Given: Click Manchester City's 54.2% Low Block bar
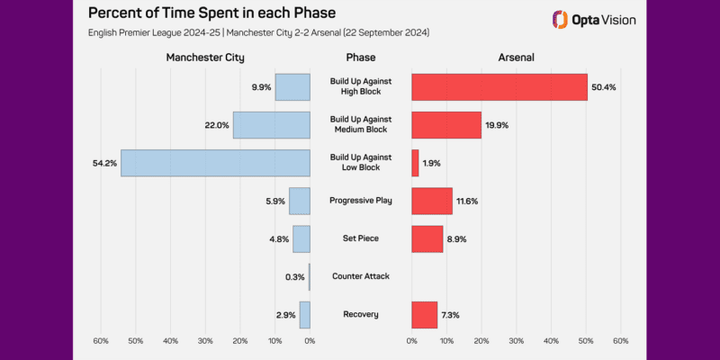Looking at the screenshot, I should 216,163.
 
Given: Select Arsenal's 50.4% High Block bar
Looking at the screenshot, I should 499,87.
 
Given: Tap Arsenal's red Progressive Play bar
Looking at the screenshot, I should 432,201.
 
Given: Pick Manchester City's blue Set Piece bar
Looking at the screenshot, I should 301,238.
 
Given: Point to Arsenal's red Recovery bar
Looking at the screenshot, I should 424,314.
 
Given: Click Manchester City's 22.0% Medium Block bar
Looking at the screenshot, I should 272,125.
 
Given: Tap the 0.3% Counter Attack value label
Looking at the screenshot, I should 294,276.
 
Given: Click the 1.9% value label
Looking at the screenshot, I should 433,163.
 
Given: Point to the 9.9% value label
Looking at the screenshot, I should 262,87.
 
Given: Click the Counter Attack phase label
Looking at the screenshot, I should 360,276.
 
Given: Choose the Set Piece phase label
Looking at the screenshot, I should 360,238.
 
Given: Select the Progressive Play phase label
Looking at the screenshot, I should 360,201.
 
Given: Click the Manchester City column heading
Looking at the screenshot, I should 205,58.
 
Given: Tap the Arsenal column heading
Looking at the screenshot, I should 516,58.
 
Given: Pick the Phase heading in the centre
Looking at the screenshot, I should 360,58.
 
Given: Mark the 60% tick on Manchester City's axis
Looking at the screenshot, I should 101,341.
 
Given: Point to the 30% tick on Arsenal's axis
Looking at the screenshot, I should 516,341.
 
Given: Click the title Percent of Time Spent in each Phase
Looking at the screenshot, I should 211,15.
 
